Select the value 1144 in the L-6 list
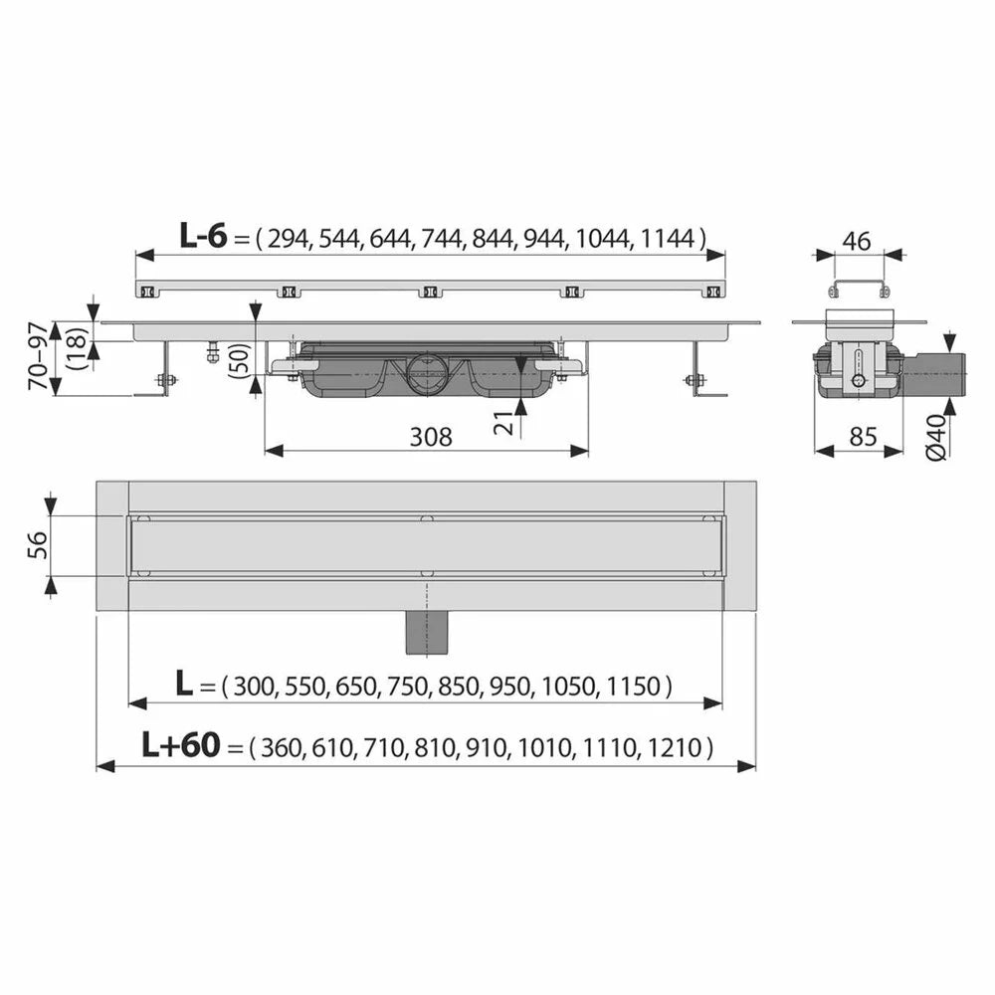(x=669, y=239)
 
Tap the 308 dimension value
(x=431, y=437)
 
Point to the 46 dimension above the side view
(x=857, y=241)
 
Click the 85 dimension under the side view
(x=863, y=437)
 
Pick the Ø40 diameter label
(x=936, y=436)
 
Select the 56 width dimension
(x=38, y=545)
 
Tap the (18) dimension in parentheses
(x=78, y=349)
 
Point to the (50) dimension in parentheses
(x=241, y=360)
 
